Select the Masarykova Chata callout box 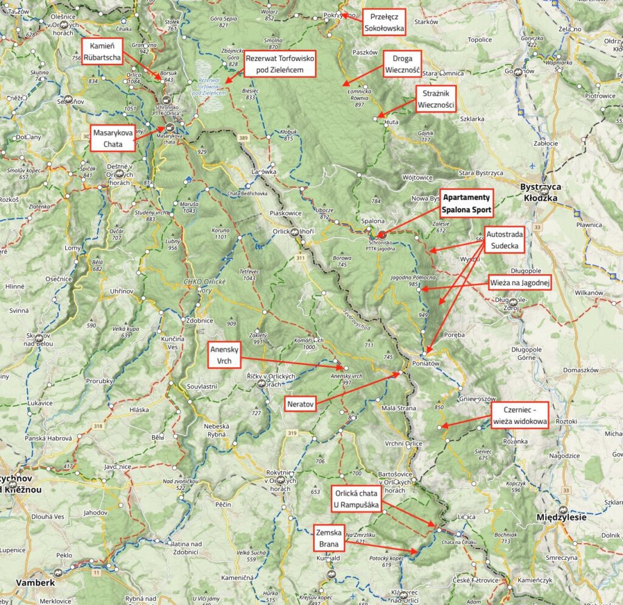113,138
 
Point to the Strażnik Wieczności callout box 436,99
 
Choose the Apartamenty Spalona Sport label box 467,204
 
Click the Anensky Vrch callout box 224,355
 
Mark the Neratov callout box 300,403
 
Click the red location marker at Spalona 381,234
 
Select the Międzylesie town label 561,517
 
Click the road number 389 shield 244,139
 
